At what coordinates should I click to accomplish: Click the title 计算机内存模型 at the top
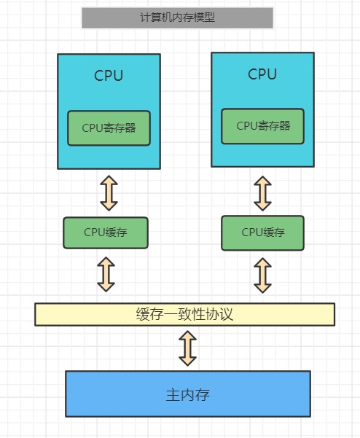[x=177, y=17]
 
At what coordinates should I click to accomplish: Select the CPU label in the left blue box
[x=109, y=76]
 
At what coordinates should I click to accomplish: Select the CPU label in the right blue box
[x=262, y=74]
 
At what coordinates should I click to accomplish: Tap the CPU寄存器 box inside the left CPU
[x=109, y=128]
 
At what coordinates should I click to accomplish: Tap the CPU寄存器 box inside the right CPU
[x=262, y=126]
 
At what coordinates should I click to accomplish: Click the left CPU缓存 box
[x=106, y=232]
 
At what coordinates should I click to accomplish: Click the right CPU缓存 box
[x=263, y=232]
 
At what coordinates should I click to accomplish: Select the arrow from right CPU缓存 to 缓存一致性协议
[x=262, y=275]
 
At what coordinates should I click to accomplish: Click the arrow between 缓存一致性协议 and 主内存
[x=188, y=348]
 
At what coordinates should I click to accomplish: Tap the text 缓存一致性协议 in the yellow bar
[x=184, y=315]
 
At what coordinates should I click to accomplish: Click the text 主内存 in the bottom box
[x=187, y=395]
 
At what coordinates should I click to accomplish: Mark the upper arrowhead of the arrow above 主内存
[x=188, y=336]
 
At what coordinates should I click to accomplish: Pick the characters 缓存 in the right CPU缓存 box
[x=273, y=232]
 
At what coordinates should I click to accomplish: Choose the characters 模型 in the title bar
[x=206, y=17]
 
